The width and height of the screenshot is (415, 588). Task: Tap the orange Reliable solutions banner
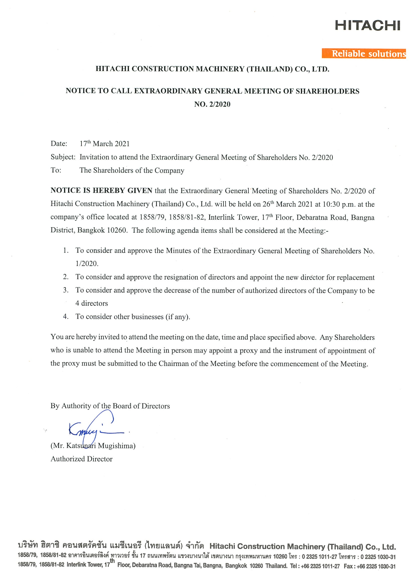(x=364, y=54)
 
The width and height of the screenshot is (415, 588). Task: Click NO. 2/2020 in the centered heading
(x=212, y=104)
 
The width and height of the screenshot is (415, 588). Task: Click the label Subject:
(x=63, y=157)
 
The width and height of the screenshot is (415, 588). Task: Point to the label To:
(x=56, y=170)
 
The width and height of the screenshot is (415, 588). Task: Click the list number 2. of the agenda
(x=66, y=277)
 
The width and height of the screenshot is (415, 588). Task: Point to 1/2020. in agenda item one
(x=87, y=264)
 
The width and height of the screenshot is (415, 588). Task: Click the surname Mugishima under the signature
(x=116, y=446)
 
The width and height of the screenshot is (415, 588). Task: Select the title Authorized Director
(x=81, y=459)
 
